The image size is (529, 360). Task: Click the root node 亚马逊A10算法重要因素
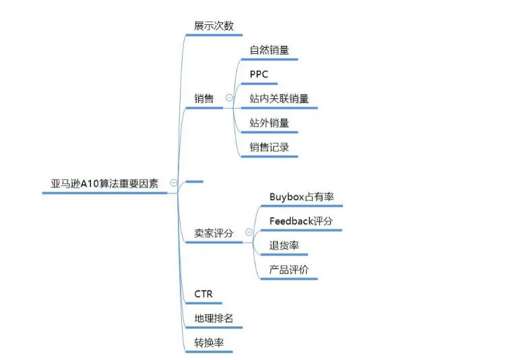tap(104, 183)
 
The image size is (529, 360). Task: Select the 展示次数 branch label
tap(214, 26)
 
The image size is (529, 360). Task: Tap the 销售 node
tap(204, 98)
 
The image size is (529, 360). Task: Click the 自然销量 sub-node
tap(269, 50)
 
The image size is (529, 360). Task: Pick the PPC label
tap(259, 74)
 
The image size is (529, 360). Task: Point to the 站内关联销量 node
tap(279, 98)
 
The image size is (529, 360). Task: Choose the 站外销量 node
tap(269, 123)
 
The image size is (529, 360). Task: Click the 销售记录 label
tap(269, 146)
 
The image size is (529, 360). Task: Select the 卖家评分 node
tap(214, 233)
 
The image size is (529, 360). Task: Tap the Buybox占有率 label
tap(301, 197)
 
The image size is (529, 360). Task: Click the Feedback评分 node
tap(301, 221)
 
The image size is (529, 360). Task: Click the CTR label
tap(204, 294)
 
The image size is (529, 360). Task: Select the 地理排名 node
tap(214, 318)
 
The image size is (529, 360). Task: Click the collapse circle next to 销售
tap(229, 98)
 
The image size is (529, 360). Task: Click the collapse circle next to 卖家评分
tap(249, 233)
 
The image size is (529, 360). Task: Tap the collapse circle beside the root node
tap(174, 183)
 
